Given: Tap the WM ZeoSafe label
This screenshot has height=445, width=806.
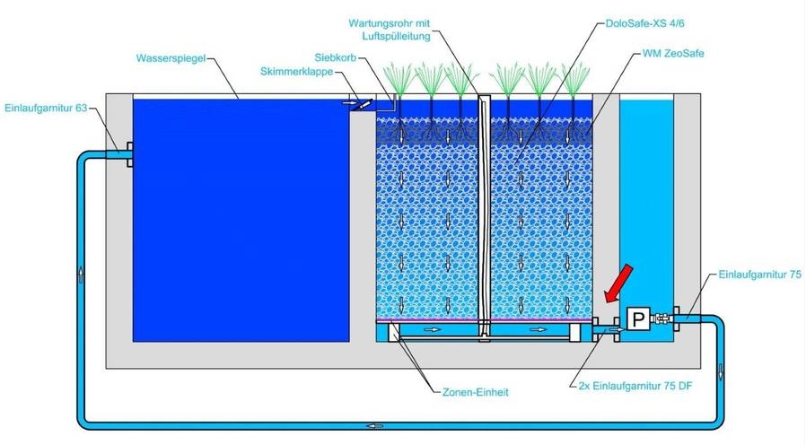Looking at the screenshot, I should pyautogui.click(x=673, y=54).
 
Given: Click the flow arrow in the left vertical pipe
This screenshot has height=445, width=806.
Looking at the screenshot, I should pyautogui.click(x=83, y=274).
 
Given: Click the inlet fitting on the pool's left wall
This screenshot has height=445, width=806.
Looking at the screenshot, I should pyautogui.click(x=125, y=155).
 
